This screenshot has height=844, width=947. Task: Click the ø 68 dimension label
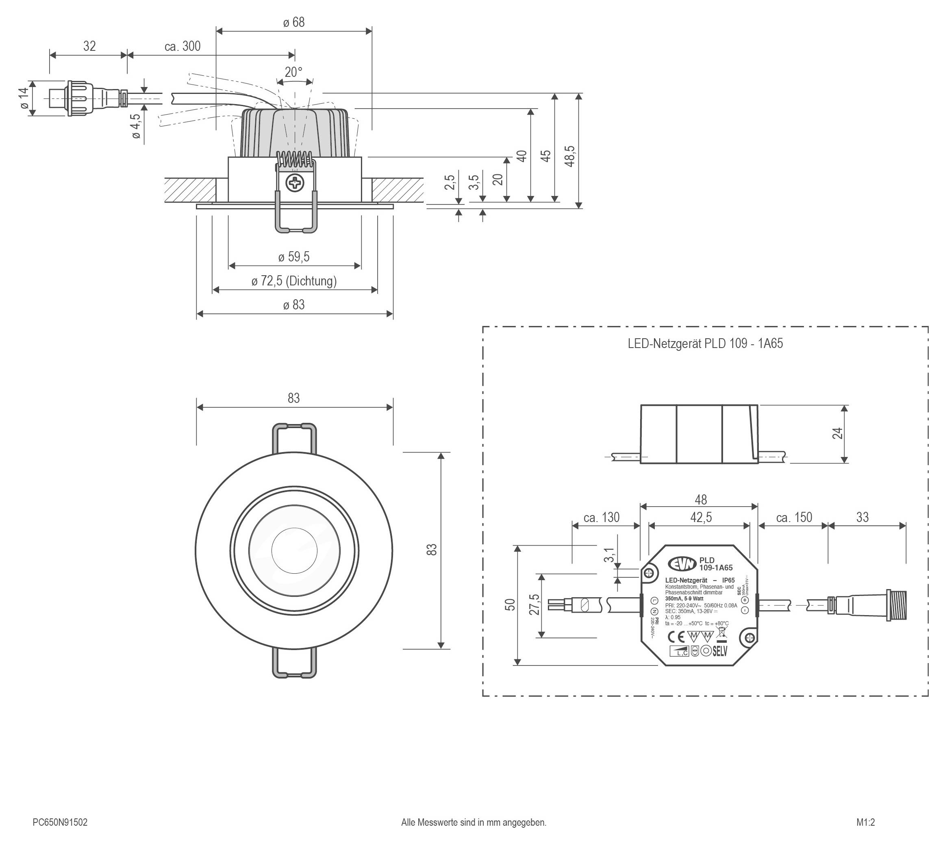[294, 22]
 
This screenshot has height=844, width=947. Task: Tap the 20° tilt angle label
[293, 72]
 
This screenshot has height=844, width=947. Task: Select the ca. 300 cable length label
[182, 46]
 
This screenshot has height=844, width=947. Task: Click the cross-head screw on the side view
[295, 184]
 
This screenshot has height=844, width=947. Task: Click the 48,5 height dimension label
[570, 156]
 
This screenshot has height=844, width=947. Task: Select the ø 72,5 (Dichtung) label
[294, 281]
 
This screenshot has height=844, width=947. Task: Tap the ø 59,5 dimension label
[294, 257]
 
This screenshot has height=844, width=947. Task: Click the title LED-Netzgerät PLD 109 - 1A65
[705, 344]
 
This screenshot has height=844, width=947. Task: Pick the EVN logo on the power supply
[682, 563]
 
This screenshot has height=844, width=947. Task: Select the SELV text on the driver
[720, 651]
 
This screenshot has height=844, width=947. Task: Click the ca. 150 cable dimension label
[794, 518]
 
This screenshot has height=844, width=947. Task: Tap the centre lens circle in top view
[294, 550]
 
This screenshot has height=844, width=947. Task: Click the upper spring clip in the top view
[294, 438]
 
